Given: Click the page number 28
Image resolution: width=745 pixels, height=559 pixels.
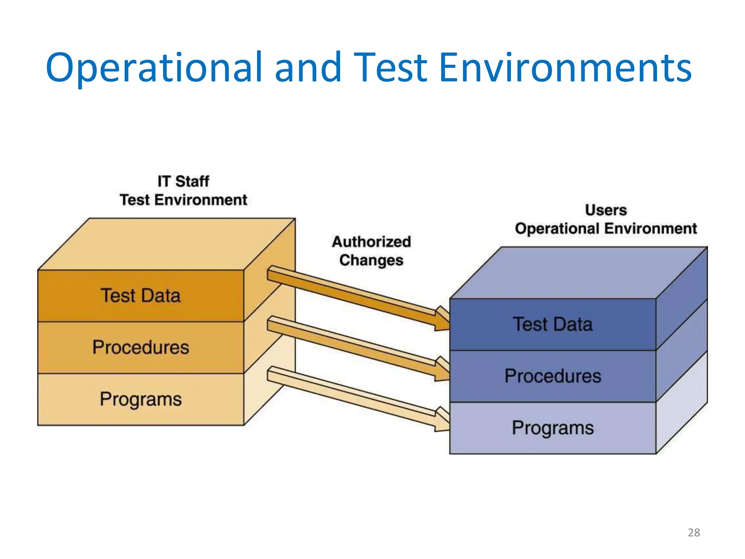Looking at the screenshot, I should pyautogui.click(x=694, y=532).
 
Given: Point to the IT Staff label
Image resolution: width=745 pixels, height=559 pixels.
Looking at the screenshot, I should pyautogui.click(x=183, y=181).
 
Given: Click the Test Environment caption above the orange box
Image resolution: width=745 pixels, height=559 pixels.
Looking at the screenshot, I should pyautogui.click(x=183, y=200).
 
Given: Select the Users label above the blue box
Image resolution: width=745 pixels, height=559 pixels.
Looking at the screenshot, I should pyautogui.click(x=606, y=210).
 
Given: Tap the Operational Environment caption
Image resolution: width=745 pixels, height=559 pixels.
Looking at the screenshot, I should pyautogui.click(x=606, y=229).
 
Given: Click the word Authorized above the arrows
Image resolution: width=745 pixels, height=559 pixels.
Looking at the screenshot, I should pyautogui.click(x=371, y=242).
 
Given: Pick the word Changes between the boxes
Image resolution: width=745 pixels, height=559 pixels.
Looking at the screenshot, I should pyautogui.click(x=371, y=260).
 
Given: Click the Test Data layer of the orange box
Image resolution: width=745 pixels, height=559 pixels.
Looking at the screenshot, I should pyautogui.click(x=140, y=296).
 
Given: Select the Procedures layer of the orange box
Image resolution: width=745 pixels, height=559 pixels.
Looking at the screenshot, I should pyautogui.click(x=140, y=347).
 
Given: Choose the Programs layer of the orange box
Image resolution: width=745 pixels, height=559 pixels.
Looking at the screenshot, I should pyautogui.click(x=140, y=399).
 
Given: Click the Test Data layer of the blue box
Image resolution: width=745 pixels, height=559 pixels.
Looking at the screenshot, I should pyautogui.click(x=553, y=324).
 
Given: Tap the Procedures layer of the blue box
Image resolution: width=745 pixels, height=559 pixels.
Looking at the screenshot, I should pyautogui.click(x=553, y=376).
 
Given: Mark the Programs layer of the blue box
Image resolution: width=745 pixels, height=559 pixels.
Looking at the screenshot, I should pyautogui.click(x=553, y=428).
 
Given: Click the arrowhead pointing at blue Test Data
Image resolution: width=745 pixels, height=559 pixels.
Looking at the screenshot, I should pyautogui.click(x=442, y=320).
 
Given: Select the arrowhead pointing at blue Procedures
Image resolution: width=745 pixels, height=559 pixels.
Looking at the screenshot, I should pyautogui.click(x=442, y=370).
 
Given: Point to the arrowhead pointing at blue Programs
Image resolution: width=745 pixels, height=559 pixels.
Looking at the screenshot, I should pyautogui.click(x=442, y=420).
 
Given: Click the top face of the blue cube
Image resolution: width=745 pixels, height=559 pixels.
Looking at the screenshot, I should pyautogui.click(x=578, y=273).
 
